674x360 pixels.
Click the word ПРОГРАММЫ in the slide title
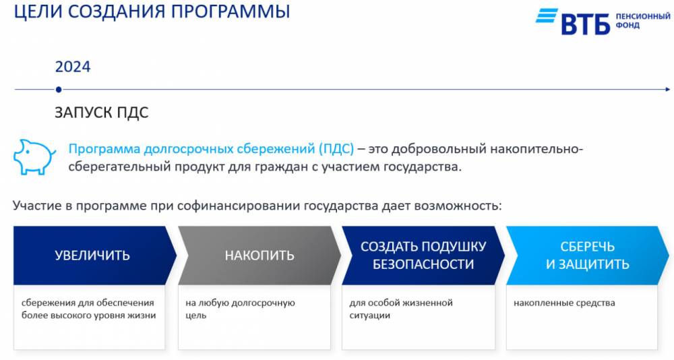231,11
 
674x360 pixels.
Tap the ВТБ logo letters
586,24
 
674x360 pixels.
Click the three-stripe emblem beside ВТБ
547,16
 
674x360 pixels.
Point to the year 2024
73,67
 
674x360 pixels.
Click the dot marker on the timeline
59,90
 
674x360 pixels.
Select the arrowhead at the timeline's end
667,90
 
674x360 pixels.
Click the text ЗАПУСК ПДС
102,113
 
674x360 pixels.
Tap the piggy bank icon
34,157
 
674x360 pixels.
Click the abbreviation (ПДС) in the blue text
336,149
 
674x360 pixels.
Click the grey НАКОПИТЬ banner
259,256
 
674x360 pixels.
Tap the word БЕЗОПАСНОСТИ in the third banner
423,264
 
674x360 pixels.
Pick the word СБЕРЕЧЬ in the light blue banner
587,247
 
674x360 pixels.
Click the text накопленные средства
564,303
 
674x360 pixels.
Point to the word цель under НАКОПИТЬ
196,316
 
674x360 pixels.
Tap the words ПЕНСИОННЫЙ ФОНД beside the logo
642,21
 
